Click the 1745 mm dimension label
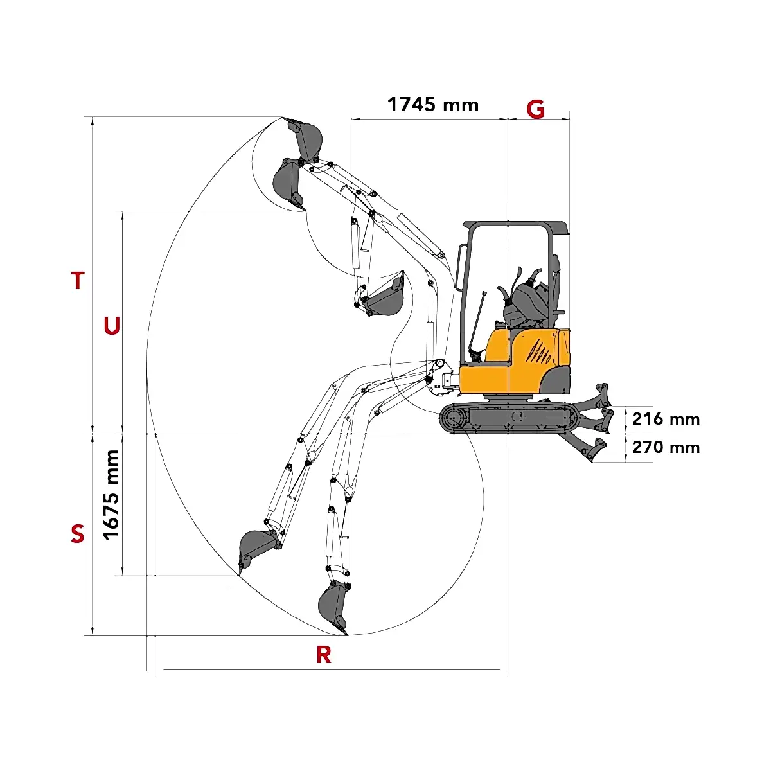point(433,105)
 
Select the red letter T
point(78,280)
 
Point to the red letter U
point(112,326)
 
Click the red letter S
point(78,534)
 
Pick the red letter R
point(324,655)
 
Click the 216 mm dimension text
point(666,420)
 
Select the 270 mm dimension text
point(666,447)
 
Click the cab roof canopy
point(516,227)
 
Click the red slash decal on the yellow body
point(540,351)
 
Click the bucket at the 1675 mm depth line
point(257,551)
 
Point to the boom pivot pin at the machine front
point(439,362)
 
